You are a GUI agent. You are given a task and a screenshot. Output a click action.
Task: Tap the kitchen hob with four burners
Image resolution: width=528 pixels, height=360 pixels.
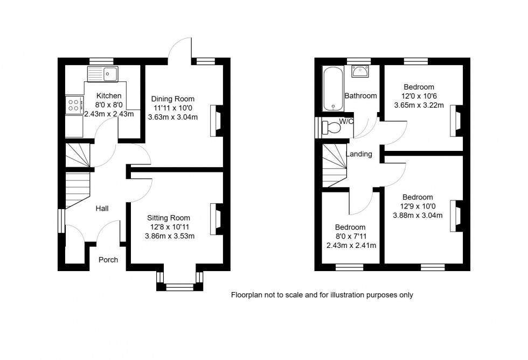click(x=74, y=105)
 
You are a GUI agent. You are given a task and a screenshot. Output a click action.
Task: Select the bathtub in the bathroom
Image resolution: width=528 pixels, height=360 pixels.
click(x=330, y=88)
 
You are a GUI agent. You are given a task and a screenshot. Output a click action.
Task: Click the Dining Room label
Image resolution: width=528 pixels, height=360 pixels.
click(x=172, y=99)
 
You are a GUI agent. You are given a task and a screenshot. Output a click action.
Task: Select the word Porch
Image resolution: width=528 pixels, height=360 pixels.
click(x=108, y=260)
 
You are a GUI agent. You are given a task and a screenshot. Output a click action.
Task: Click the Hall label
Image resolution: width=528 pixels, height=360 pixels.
click(x=102, y=208)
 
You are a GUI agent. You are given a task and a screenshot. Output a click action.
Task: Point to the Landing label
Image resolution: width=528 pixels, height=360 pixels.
click(x=359, y=154)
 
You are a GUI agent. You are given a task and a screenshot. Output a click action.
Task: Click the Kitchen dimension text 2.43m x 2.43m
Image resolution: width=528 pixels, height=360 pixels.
click(x=109, y=114)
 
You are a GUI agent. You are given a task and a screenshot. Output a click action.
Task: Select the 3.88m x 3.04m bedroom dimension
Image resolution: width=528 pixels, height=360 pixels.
click(x=418, y=216)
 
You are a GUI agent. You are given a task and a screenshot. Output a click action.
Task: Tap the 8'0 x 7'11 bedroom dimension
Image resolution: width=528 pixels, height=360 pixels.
click(x=350, y=237)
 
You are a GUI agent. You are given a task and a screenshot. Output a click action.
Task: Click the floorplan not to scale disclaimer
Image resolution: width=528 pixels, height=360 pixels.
click(x=322, y=295)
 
